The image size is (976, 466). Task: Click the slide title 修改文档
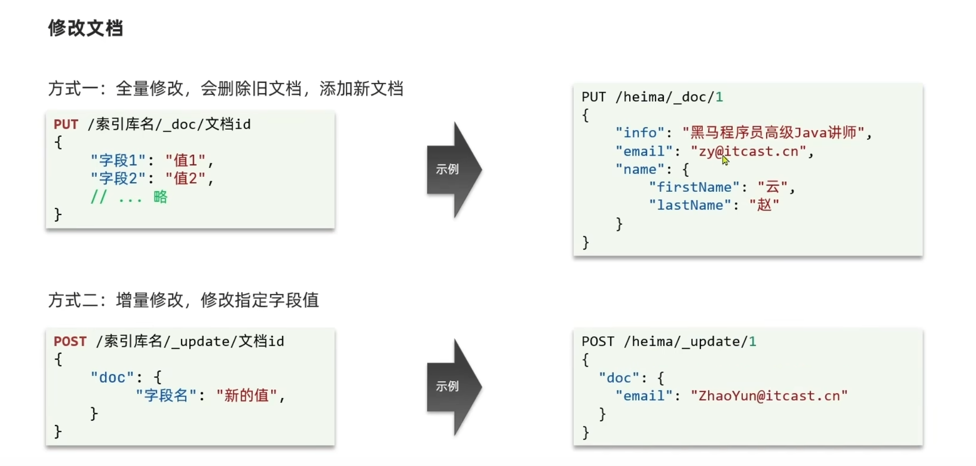pos(85,28)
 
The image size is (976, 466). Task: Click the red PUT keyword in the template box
pos(66,124)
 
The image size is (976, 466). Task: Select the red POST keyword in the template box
pos(70,341)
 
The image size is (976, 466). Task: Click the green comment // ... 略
pos(129,197)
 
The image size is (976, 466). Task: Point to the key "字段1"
pos(118,160)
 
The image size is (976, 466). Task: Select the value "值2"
pos(185,179)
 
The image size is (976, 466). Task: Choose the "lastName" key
pos(690,205)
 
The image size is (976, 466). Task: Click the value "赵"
pos(764,205)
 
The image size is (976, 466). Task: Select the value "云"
pos(772,187)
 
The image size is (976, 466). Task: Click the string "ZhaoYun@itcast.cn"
pos(769,396)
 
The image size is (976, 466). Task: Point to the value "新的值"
pos(247,396)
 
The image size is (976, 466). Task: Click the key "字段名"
pos(166,396)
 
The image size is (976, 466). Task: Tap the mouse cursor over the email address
pos(725,160)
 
